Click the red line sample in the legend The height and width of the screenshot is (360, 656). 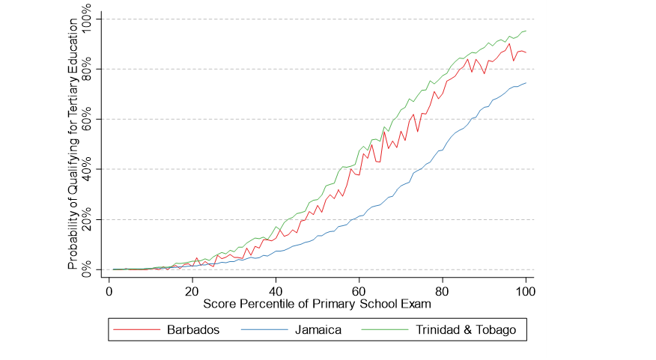click(x=137, y=329)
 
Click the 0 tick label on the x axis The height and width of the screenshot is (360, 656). click(x=109, y=291)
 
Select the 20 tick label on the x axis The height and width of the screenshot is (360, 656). click(x=192, y=291)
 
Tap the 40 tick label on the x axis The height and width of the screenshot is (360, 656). click(x=276, y=291)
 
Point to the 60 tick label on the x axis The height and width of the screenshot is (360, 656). click(x=359, y=291)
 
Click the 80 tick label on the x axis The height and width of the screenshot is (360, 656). click(x=442, y=291)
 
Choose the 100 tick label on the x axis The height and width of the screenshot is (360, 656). click(x=525, y=291)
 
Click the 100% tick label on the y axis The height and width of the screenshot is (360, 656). click(x=88, y=20)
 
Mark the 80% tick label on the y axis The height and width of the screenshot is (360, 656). click(x=88, y=70)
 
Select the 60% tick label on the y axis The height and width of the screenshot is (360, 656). click(x=88, y=120)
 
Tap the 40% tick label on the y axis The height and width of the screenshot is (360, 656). click(x=88, y=170)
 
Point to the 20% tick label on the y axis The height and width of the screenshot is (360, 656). click(x=88, y=220)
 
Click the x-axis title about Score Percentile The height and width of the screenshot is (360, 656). click(x=318, y=305)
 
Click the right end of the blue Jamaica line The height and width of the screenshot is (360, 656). click(x=526, y=83)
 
